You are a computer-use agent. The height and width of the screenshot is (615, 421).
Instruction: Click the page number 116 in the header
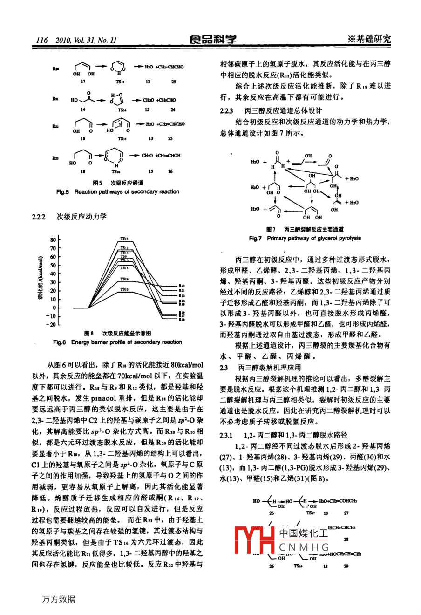(x=42, y=40)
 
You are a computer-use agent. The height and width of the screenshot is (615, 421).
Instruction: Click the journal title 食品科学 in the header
(x=213, y=40)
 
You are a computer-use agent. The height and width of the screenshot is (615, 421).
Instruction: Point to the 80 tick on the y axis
(x=53, y=239)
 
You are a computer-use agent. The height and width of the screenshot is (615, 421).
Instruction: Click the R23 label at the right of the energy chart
(x=182, y=286)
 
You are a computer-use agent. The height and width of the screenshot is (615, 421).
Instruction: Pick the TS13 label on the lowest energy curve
(x=124, y=289)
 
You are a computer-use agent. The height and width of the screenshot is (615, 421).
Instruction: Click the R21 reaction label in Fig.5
(x=55, y=99)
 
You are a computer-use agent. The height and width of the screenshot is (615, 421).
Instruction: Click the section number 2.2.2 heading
(x=38, y=217)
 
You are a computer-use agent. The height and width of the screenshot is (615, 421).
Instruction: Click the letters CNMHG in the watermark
(x=304, y=547)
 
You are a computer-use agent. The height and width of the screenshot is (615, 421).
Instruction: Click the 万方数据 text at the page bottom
(x=58, y=599)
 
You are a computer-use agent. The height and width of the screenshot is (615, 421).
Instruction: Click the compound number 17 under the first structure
(x=83, y=82)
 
